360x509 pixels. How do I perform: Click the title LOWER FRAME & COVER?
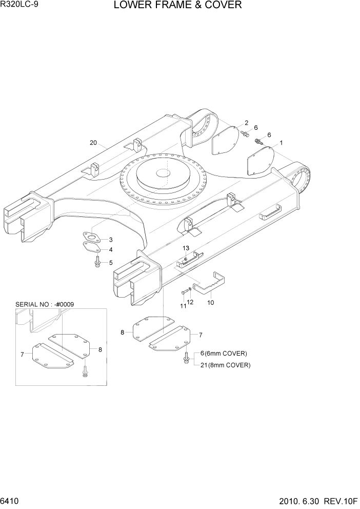click(177, 6)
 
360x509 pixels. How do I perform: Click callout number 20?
click(93, 143)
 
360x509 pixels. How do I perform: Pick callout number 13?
click(186, 248)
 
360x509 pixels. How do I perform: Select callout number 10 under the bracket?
click(210, 303)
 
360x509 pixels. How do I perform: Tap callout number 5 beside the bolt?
click(111, 262)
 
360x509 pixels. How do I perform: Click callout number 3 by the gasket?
click(111, 240)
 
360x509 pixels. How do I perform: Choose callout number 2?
click(246, 123)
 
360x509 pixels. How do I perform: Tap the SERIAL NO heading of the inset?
click(45, 304)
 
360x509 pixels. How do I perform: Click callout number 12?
click(191, 302)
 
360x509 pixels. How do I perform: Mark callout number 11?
click(183, 306)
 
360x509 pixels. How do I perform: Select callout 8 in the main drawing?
click(123, 332)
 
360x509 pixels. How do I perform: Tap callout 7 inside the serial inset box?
click(22, 354)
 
